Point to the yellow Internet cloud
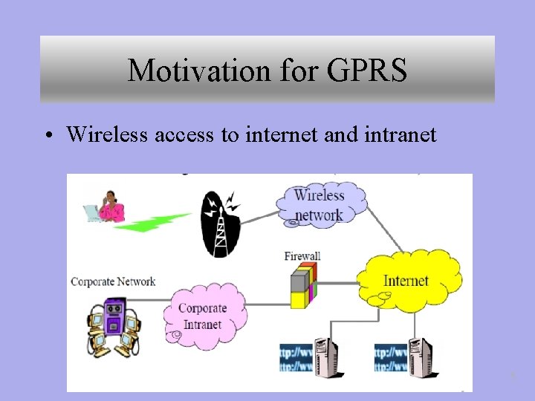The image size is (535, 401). pyautogui.click(x=406, y=280)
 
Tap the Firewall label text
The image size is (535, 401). pyautogui.click(x=302, y=256)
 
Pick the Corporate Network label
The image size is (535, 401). pyautogui.click(x=113, y=281)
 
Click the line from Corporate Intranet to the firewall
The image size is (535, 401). pyautogui.click(x=267, y=304)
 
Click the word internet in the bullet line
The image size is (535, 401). pyautogui.click(x=276, y=134)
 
